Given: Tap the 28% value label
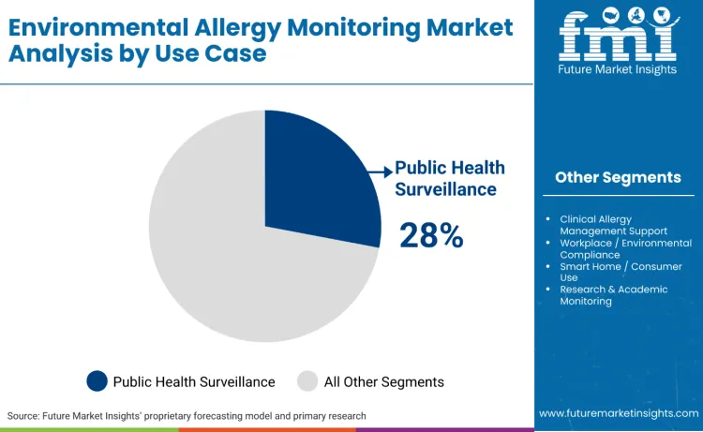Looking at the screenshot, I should [x=431, y=236].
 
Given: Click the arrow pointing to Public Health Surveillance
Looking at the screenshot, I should [x=381, y=171].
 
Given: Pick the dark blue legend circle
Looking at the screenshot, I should [x=97, y=381].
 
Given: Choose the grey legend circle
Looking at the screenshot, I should [x=307, y=381].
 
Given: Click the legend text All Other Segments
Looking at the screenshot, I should [x=383, y=381].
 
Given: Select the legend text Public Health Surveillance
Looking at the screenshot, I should [x=194, y=381].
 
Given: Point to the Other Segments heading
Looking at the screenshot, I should [x=618, y=177].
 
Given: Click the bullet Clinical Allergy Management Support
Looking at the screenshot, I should [x=613, y=225].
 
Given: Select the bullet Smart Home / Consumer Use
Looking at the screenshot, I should [x=621, y=272].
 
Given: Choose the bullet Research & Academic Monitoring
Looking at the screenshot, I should [x=614, y=295].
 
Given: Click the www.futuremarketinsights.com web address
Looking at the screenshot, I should [x=618, y=413].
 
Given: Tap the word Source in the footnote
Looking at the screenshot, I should [x=23, y=415].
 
